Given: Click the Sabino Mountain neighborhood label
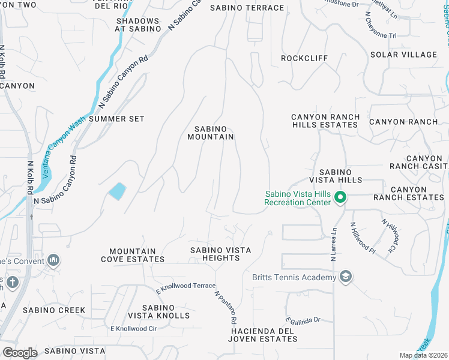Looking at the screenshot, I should pyautogui.click(x=214, y=133).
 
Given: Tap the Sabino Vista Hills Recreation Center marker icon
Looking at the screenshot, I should pyautogui.click(x=340, y=197).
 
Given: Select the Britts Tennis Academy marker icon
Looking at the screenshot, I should pyautogui.click(x=345, y=277).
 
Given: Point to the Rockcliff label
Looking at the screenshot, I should pyautogui.click(x=304, y=58).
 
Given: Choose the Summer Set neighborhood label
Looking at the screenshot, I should pyautogui.click(x=116, y=119).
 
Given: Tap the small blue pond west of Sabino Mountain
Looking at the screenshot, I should pyautogui.click(x=117, y=191).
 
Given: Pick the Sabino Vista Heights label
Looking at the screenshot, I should pyautogui.click(x=220, y=254).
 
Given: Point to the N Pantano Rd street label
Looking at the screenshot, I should pyautogui.click(x=226, y=308).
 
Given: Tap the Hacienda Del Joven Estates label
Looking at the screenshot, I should pyautogui.click(x=264, y=335).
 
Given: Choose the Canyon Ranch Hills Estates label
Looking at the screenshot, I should pyautogui.click(x=325, y=121).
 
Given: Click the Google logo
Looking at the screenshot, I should pyautogui.click(x=19, y=353).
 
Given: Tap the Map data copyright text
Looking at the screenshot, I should pyautogui.click(x=424, y=355).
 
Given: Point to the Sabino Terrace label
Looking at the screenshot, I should pyautogui.click(x=247, y=8).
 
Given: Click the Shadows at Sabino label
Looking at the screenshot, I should pyautogui.click(x=138, y=25).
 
